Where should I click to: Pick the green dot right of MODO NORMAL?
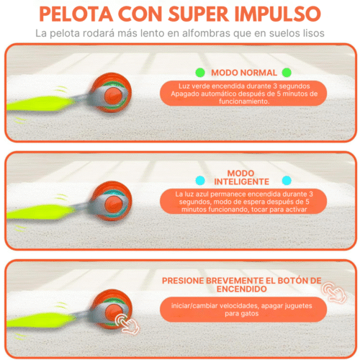pos(287,73)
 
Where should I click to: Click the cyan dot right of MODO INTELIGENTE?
pos(287,180)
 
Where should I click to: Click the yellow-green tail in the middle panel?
pos(43,211)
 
